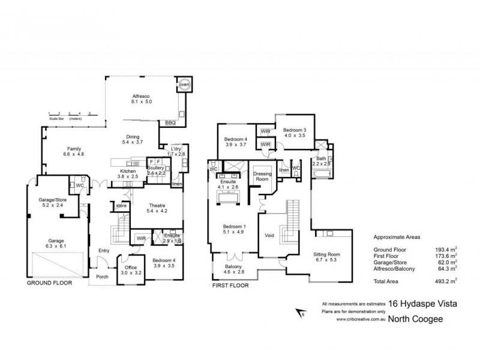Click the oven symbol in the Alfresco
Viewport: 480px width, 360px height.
click(x=184, y=85)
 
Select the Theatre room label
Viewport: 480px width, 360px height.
click(x=157, y=205)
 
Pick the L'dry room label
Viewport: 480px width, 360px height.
click(x=176, y=148)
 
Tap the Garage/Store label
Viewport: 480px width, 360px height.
click(x=51, y=201)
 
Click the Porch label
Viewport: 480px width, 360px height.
click(x=103, y=277)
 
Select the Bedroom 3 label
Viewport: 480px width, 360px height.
click(x=295, y=130)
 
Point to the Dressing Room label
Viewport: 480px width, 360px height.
click(x=262, y=176)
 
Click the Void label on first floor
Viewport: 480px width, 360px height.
click(x=269, y=235)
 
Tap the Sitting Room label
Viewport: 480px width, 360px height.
click(x=326, y=254)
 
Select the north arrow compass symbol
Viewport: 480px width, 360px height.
click(x=301, y=312)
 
